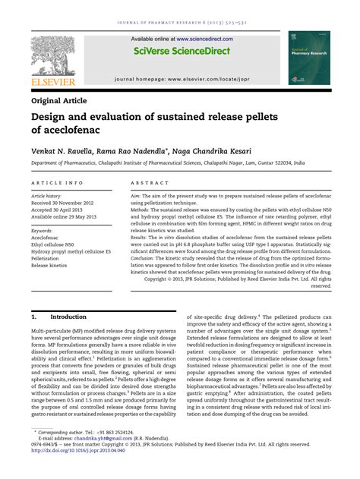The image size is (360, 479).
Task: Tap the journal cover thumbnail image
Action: point(306,57)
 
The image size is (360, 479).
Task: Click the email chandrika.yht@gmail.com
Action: point(96,459)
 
